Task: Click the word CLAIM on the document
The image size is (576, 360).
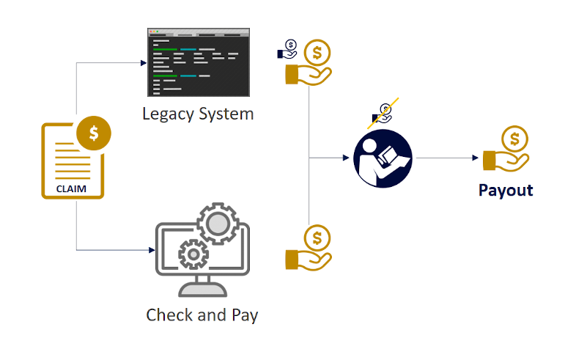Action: (71, 189)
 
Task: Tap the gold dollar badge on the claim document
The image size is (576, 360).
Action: (94, 133)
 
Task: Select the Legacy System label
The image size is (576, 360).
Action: (198, 114)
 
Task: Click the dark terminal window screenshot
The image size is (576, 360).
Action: (199, 62)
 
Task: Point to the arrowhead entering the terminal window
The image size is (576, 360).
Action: (144, 63)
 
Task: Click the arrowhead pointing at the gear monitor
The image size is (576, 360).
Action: (152, 250)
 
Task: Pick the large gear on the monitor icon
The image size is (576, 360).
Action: (218, 224)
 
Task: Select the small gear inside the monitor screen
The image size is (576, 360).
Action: (193, 254)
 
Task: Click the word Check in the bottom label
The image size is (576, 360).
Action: (168, 315)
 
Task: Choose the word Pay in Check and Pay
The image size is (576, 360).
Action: (245, 316)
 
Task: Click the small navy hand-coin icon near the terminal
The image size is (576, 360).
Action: (287, 50)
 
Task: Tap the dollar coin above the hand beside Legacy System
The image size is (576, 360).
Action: (317, 53)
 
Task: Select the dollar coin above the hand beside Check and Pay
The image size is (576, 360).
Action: (317, 238)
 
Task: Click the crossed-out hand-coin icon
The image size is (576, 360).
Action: (383, 114)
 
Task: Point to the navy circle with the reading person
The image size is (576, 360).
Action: (383, 158)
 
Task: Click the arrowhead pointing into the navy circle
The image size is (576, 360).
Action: (346, 158)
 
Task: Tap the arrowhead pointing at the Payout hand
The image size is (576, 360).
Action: (475, 158)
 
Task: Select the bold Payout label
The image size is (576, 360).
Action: (506, 191)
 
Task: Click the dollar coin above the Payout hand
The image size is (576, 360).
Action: (514, 139)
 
